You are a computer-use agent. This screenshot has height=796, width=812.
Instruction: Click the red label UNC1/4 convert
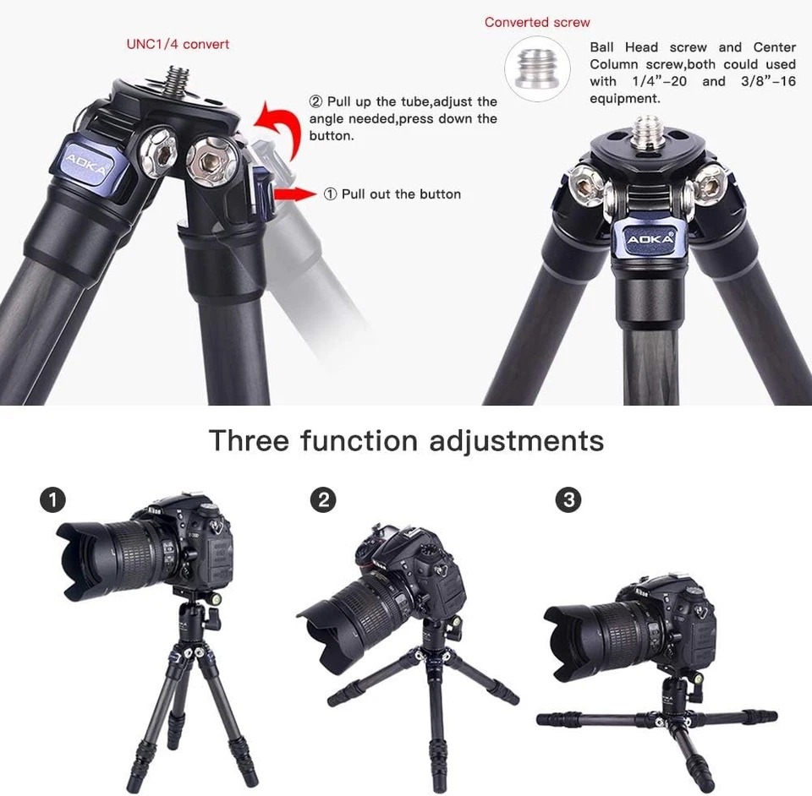tap(178, 44)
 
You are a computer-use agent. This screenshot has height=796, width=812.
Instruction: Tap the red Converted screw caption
tap(537, 23)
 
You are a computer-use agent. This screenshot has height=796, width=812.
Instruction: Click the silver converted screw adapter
tap(537, 67)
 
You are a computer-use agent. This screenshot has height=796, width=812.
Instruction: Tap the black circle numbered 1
tap(52, 500)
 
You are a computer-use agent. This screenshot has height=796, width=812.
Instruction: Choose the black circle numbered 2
tap(322, 500)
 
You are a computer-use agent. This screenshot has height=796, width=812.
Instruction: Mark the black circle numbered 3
tap(568, 500)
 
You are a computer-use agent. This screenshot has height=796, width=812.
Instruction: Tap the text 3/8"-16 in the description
tap(765, 82)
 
